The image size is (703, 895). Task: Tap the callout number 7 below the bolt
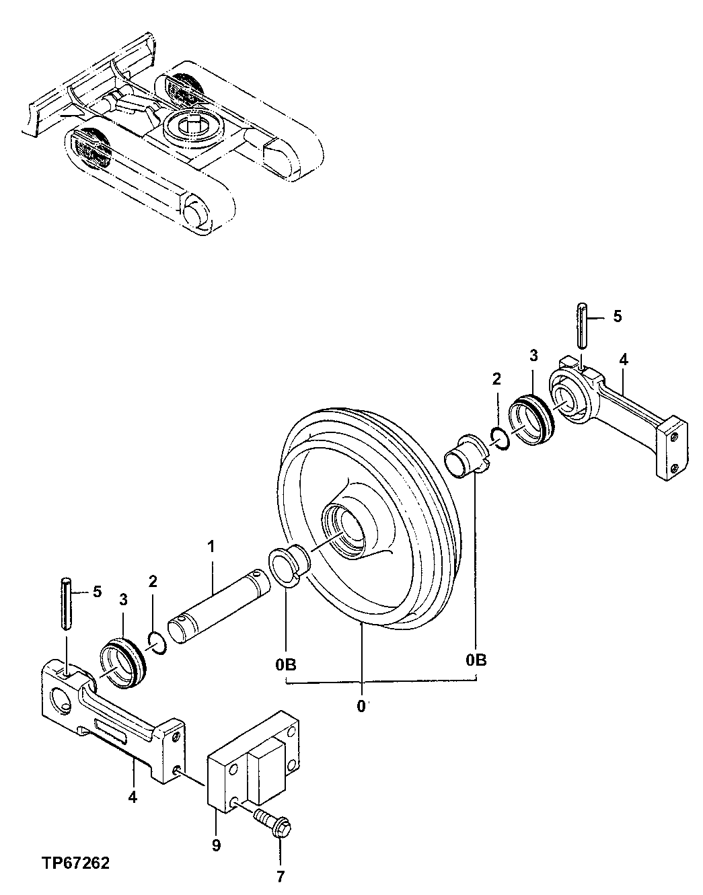(281, 875)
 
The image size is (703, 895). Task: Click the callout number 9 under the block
(216, 845)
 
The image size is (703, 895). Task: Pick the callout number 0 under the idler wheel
(361, 706)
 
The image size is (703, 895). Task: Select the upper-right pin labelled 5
(583, 325)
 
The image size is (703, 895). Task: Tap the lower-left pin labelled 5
(66, 603)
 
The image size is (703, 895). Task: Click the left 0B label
(285, 664)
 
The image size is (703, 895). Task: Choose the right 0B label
(476, 660)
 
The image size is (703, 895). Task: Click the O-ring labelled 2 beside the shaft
(155, 642)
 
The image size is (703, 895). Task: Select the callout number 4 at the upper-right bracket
(624, 360)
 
